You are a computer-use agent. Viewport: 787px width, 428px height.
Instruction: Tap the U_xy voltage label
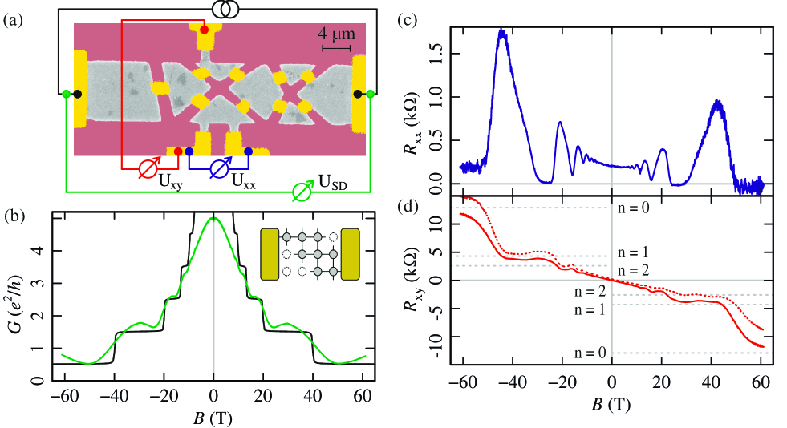170,180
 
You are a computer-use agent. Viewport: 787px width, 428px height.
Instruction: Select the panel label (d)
409,210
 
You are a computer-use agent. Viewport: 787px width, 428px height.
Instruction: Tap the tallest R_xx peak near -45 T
502,31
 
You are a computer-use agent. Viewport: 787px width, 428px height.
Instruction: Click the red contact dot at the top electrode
205,30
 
